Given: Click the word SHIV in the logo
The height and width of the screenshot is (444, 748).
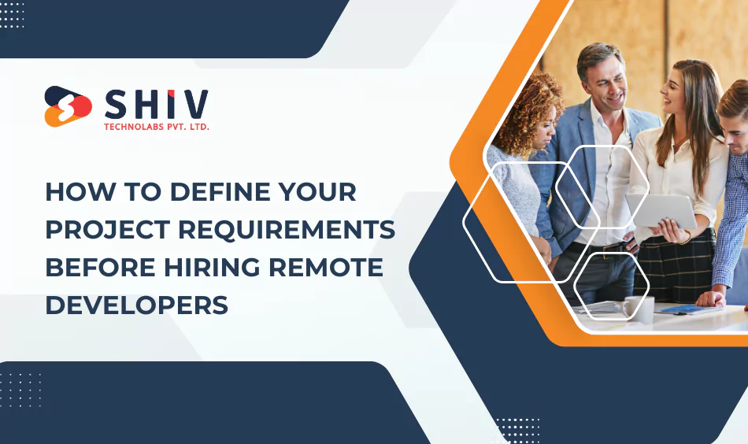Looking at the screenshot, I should click(157, 104).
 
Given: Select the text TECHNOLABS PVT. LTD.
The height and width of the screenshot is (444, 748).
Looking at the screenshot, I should click(157, 126).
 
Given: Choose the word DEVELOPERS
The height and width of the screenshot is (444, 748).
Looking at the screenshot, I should click(136, 305).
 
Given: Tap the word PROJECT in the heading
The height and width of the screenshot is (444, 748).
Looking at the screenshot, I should click(106, 229).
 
